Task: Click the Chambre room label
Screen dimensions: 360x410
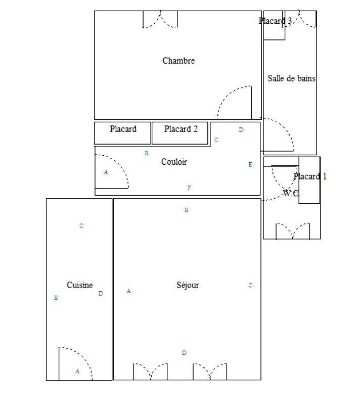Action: point(178,61)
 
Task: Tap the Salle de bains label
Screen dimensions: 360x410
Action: point(291,78)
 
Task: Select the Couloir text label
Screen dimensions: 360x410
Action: point(174,162)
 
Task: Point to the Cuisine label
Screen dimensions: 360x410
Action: point(80,285)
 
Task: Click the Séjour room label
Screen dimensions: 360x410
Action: point(188,285)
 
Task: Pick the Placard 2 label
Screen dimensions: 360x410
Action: point(181,129)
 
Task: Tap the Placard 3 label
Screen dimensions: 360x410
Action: point(275,21)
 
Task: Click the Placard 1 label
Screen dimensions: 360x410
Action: point(310,176)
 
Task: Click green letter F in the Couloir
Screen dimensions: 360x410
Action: point(189,188)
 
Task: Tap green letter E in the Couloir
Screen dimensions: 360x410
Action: point(250,164)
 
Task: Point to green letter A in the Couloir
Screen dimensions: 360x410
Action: point(106,172)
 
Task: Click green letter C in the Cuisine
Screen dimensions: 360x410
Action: point(81,225)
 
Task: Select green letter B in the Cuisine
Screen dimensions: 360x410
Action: point(56,298)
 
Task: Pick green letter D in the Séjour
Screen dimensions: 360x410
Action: point(185,353)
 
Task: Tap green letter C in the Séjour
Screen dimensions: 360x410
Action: point(250,285)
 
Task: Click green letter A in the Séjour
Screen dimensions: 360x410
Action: point(128,291)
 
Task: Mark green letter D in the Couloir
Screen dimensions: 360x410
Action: point(241,130)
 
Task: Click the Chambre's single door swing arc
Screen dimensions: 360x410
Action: point(227,95)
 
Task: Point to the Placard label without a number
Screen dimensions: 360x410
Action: point(123,129)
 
